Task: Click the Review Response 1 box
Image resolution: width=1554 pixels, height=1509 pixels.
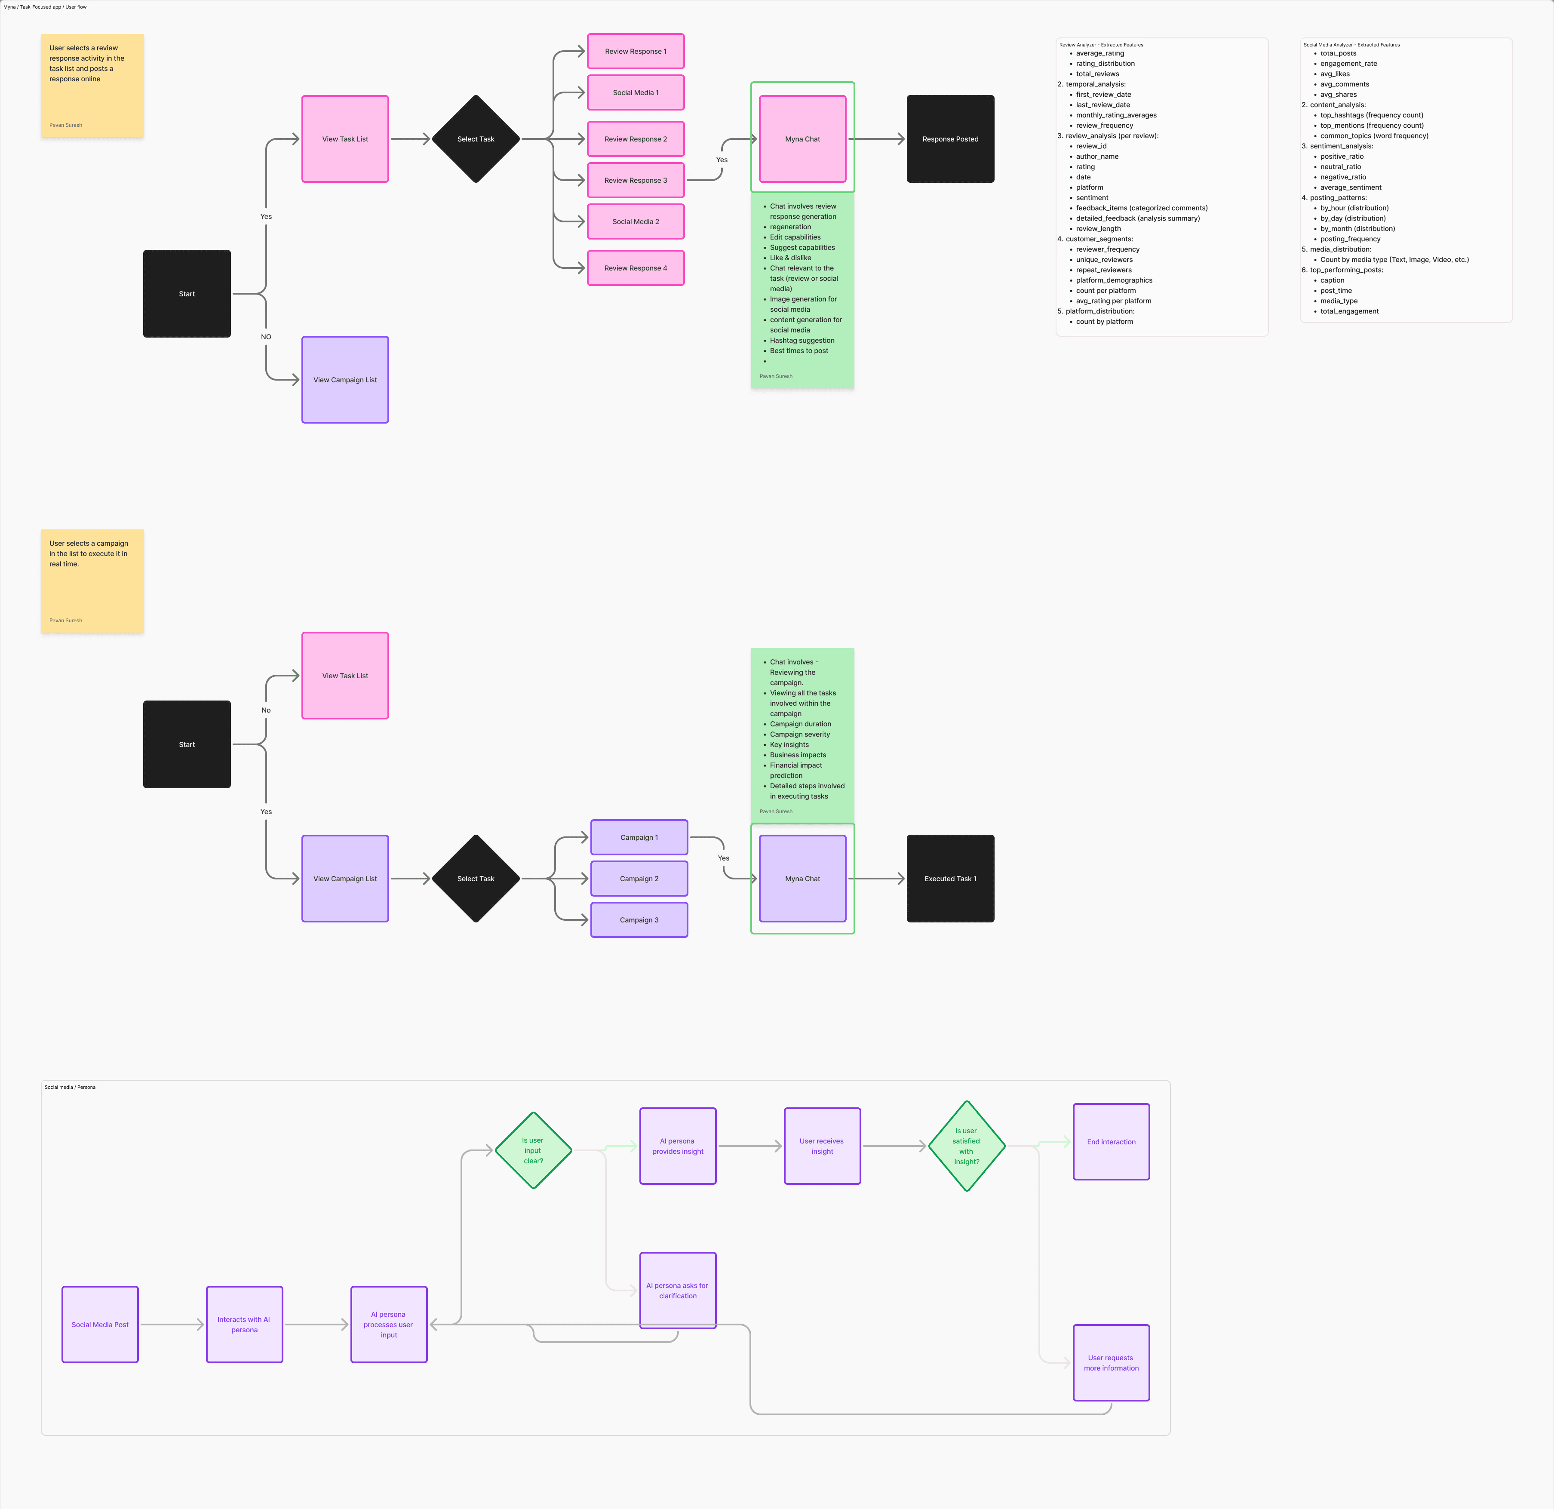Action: [x=635, y=52]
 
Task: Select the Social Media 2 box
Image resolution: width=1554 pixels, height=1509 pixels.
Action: [x=635, y=222]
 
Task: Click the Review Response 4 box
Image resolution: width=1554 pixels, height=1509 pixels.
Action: [x=635, y=268]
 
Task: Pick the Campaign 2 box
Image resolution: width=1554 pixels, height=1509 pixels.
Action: [x=639, y=879]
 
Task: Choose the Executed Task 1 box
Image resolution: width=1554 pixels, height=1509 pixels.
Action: [x=950, y=879]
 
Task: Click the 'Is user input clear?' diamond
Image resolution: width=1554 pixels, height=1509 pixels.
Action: [x=533, y=1151]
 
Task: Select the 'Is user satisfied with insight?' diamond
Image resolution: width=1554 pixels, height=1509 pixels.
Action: [x=967, y=1146]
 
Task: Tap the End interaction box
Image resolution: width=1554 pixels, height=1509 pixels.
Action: [x=1111, y=1142]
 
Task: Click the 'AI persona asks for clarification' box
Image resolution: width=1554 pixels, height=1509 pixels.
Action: [x=677, y=1290]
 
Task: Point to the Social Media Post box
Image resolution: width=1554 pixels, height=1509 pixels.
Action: [x=100, y=1324]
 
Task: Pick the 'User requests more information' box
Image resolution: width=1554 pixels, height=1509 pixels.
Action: [x=1111, y=1362]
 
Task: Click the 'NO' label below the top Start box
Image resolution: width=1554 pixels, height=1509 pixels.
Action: [x=266, y=337]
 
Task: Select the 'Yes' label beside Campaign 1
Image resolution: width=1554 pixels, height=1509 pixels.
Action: [x=723, y=858]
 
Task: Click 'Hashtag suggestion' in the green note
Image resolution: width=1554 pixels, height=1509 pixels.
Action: [x=802, y=340]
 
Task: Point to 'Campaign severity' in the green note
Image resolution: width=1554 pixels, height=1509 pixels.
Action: [x=799, y=734]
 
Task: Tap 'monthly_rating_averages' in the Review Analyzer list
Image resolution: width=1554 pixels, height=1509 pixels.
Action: [x=1115, y=115]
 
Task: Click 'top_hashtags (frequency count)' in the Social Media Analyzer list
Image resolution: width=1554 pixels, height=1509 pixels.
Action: [x=1371, y=115]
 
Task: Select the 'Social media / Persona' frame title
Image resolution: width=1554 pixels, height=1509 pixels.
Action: [x=70, y=1087]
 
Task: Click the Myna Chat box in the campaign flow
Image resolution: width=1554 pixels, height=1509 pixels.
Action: [x=802, y=879]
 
